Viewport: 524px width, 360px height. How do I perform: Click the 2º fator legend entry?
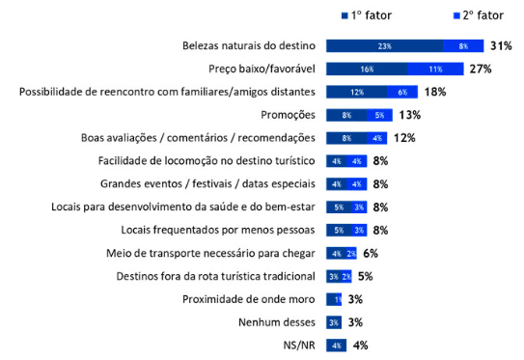click(x=469, y=15)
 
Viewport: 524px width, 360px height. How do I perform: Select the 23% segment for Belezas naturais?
click(x=384, y=46)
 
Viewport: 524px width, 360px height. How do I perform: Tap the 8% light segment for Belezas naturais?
click(x=463, y=46)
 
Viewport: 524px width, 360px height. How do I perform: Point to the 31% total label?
click(x=500, y=46)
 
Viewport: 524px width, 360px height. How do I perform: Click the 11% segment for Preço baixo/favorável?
click(x=435, y=69)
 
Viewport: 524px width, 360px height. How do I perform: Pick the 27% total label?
click(x=482, y=69)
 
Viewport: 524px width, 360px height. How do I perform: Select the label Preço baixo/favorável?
click(x=262, y=69)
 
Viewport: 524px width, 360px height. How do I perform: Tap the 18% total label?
click(x=435, y=92)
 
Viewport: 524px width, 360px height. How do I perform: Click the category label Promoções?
click(x=288, y=115)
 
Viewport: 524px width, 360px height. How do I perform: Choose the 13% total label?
click(x=409, y=115)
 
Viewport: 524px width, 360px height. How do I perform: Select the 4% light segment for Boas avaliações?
click(x=376, y=138)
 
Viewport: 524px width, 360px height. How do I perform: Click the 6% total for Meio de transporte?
click(x=370, y=253)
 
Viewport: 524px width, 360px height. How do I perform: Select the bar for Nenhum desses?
click(x=334, y=322)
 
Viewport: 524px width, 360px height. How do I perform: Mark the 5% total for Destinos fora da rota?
click(x=365, y=276)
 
